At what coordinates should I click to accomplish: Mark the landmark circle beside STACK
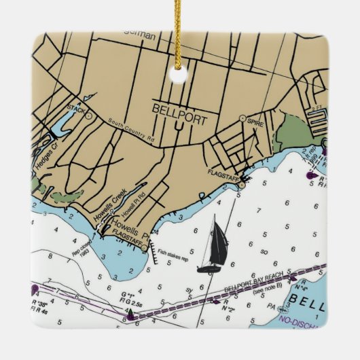point(88,116)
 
